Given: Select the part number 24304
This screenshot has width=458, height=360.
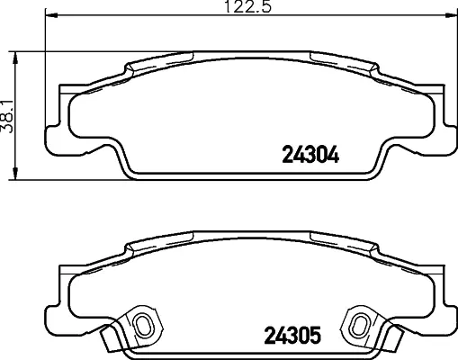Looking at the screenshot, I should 310,155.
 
